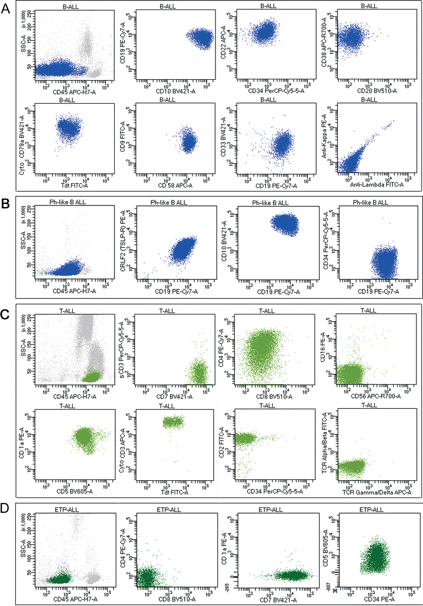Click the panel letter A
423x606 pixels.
[x=6, y=9]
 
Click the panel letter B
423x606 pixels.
[x=6, y=204]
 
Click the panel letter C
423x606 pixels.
[x=6, y=315]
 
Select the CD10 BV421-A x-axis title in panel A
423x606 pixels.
[x=176, y=91]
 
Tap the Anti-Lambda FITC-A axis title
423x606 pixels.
[x=376, y=185]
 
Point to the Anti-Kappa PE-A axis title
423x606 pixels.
[x=324, y=136]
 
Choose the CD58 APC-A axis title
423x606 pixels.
[x=175, y=185]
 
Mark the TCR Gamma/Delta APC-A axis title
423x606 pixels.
[x=376, y=492]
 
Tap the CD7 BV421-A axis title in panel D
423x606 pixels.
[x=278, y=600]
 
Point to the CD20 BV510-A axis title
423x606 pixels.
[x=377, y=91]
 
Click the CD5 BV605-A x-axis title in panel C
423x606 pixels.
[x=75, y=491]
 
